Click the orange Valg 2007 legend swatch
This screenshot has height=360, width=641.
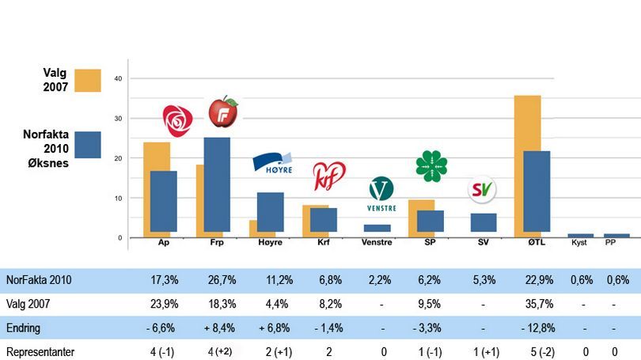[88, 80]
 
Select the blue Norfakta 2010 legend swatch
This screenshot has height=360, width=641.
[88, 145]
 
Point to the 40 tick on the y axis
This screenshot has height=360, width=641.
[118, 78]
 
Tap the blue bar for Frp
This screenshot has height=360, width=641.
[216, 184]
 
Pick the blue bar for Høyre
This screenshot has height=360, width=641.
[270, 212]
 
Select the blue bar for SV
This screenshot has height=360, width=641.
[483, 222]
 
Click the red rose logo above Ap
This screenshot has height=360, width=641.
[177, 120]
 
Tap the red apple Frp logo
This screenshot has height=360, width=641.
[222, 112]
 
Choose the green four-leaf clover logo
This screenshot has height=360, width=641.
[431, 165]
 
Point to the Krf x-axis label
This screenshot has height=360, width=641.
[323, 243]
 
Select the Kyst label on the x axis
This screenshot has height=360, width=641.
[580, 243]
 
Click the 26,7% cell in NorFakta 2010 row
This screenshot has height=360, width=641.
[218, 280]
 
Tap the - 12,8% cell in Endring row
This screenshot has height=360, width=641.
[527, 328]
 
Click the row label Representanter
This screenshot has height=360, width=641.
[40, 351]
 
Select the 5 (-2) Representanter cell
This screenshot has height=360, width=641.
[527, 351]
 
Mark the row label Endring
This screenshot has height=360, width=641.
[24, 328]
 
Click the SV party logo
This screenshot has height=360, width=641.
[482, 190]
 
